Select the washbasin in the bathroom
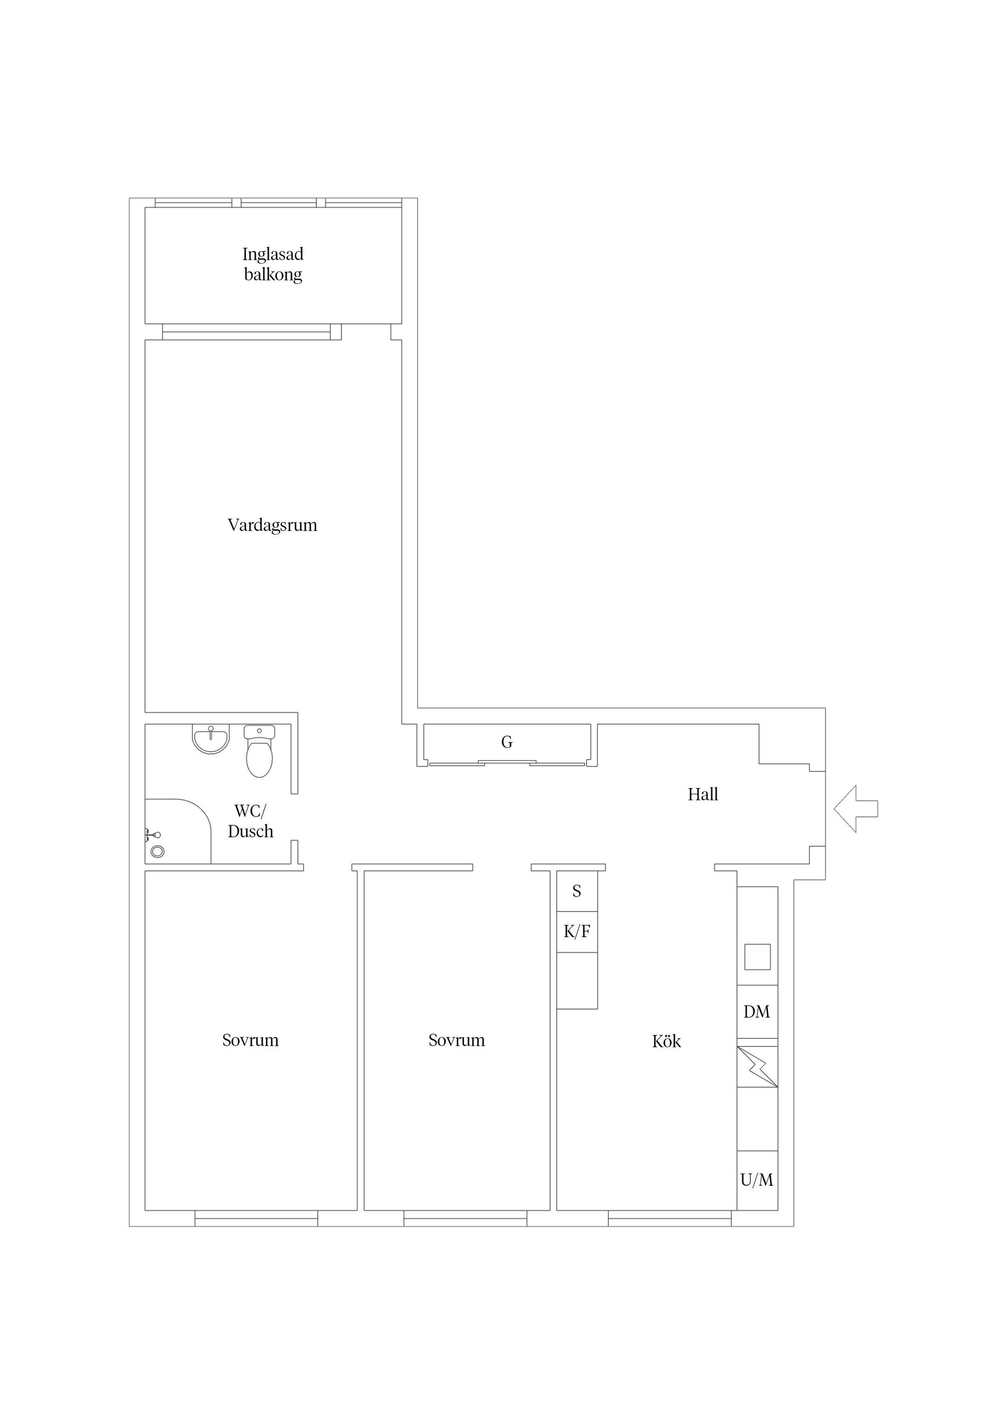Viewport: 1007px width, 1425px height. pos(211,739)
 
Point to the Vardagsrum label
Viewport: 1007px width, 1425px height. pos(272,525)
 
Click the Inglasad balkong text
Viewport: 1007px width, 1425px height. pos(273,264)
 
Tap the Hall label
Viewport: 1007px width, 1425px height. pos(703,794)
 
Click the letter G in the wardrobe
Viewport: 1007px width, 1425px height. pos(507,742)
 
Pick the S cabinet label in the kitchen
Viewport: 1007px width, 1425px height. pos(577,891)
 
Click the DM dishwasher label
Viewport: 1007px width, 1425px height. pos(757,1012)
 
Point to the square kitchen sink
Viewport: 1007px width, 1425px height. pos(757,956)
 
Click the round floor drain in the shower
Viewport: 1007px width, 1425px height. pos(157,852)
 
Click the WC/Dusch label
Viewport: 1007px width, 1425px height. pos(251,821)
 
